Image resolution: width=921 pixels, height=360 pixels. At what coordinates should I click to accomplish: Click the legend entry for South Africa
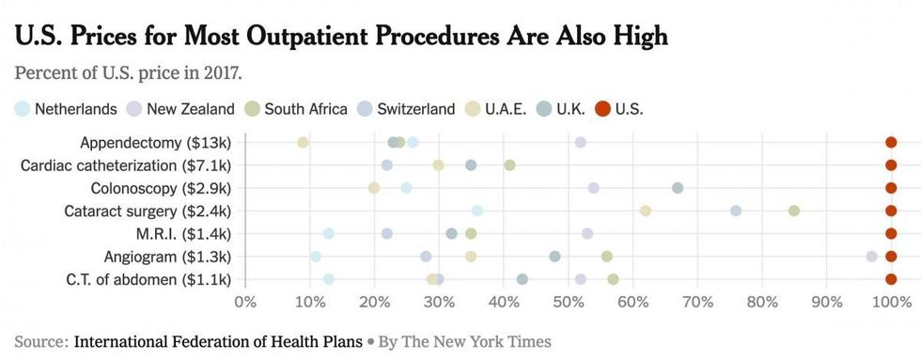coord(295,109)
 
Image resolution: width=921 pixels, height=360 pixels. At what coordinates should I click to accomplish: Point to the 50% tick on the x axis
coord(568,302)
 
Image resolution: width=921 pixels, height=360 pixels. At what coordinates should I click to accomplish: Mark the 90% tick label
coord(826,302)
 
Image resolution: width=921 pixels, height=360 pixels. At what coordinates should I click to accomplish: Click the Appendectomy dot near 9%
coord(303,142)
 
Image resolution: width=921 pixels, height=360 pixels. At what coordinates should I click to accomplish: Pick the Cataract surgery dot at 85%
coord(794,211)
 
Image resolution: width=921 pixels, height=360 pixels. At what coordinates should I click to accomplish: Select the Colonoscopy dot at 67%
coord(678,188)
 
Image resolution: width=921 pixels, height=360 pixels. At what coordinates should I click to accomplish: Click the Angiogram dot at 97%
coord(872,256)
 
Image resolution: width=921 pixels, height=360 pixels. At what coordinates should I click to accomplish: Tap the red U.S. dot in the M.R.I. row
coord(891,233)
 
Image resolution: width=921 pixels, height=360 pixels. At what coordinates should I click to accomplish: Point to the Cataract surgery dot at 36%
coord(477,211)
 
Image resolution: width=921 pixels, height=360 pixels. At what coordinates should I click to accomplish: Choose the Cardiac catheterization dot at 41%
coord(509,165)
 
